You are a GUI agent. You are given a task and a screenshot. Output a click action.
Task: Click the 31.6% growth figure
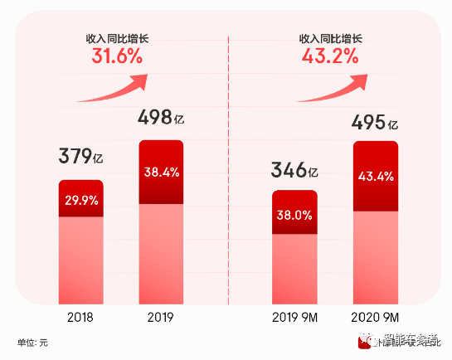pos(116,56)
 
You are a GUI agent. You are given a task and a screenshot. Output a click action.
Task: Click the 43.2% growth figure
pos(329,56)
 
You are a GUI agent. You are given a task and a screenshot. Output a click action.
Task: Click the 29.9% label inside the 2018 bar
pos(80,199)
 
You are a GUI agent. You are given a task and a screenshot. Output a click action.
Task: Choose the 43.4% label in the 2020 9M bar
pos(376,177)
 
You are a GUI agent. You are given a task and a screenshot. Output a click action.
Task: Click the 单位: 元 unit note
pos(33,343)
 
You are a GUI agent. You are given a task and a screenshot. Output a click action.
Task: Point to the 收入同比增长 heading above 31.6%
pos(117,37)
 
